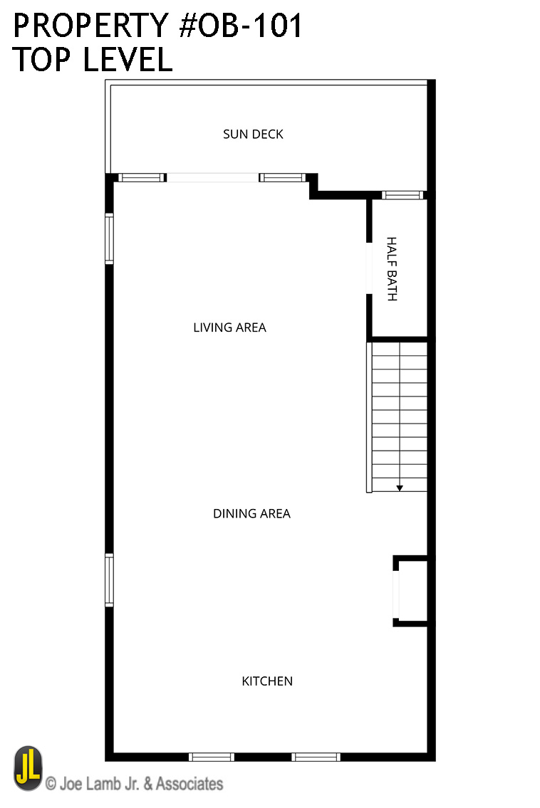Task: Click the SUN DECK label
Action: click(x=253, y=134)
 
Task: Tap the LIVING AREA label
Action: click(x=229, y=327)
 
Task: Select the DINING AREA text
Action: click(x=251, y=513)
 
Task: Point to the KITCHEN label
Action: click(x=267, y=681)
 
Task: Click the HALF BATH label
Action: click(x=392, y=268)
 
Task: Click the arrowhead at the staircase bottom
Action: click(x=399, y=488)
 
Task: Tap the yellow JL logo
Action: click(x=28, y=768)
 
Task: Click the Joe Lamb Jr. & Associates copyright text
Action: click(x=134, y=784)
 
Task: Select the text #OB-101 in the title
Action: click(x=240, y=26)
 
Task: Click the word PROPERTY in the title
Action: click(x=90, y=26)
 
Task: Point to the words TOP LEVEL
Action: click(x=93, y=59)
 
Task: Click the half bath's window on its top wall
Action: click(x=403, y=195)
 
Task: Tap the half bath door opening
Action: click(x=369, y=268)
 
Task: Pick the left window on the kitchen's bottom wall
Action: click(x=211, y=757)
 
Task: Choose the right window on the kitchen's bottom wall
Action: click(x=316, y=757)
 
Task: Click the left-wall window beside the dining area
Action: click(x=109, y=579)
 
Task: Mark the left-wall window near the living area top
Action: click(x=109, y=238)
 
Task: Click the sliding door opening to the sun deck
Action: click(x=212, y=177)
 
